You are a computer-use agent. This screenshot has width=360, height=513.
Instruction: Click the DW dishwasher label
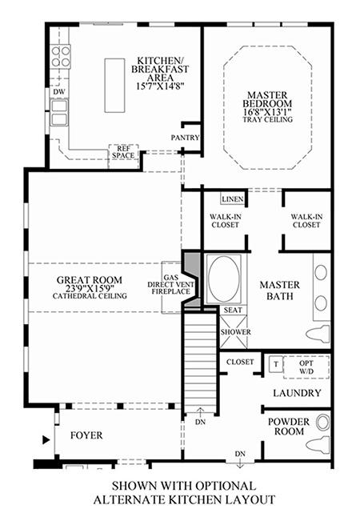click(x=59, y=92)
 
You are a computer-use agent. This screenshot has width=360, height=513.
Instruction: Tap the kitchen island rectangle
click(x=114, y=86)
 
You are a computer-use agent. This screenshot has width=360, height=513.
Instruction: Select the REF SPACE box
click(x=123, y=153)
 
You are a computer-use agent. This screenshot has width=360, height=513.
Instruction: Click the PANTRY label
click(x=185, y=138)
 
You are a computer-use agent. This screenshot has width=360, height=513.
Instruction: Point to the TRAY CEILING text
click(x=267, y=120)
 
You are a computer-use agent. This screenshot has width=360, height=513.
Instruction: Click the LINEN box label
click(x=233, y=199)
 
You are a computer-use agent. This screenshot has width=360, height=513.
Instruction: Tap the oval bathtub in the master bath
click(x=224, y=279)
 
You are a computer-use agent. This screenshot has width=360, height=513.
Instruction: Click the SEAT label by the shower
click(x=233, y=310)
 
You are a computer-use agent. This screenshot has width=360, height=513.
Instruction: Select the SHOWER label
click(x=235, y=332)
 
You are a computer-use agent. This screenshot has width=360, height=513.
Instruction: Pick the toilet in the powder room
click(x=318, y=444)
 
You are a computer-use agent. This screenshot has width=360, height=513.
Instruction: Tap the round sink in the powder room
click(x=322, y=423)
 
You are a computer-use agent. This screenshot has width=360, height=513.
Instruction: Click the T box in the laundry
click(x=276, y=364)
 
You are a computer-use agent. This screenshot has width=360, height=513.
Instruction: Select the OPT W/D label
click(x=306, y=367)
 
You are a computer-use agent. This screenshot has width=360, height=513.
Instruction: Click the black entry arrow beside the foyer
click(x=46, y=440)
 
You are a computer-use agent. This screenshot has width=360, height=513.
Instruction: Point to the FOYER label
click(x=86, y=435)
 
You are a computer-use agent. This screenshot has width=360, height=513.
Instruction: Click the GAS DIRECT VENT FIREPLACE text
click(x=170, y=284)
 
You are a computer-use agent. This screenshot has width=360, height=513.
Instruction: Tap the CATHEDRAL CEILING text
click(x=90, y=296)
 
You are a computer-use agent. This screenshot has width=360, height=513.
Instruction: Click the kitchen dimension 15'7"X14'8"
click(x=160, y=86)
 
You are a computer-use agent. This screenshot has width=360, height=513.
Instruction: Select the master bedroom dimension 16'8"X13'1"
click(x=267, y=112)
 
